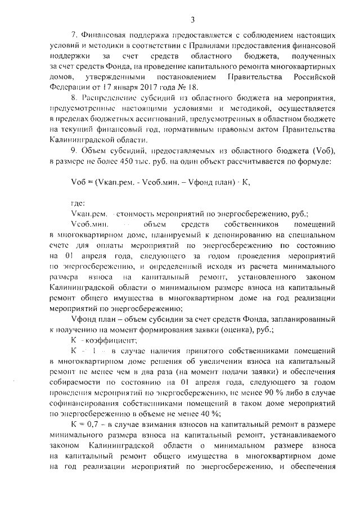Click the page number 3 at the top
pyautogui.click(x=192, y=21)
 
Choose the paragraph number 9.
pyautogui.click(x=71, y=152)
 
